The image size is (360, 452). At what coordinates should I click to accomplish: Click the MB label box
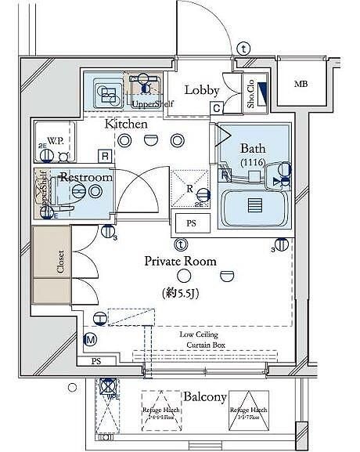[x=301, y=85]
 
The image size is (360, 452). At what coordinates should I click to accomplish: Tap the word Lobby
[x=200, y=90]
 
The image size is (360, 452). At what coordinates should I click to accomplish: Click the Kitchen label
[x=127, y=124]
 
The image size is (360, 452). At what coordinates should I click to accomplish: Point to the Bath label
[x=253, y=148]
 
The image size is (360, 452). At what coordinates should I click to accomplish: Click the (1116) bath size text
[x=253, y=162]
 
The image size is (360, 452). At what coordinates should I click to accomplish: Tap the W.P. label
[x=55, y=141]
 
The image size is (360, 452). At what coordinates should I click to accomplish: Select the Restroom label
[x=86, y=178]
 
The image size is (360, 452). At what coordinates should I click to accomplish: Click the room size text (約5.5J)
[x=184, y=293]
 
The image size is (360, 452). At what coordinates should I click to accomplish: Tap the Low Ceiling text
[x=199, y=334]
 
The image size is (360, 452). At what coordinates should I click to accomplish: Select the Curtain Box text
[x=199, y=345]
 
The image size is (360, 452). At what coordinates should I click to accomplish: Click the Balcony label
[x=205, y=396]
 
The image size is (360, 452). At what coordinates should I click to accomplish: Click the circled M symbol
[x=90, y=339]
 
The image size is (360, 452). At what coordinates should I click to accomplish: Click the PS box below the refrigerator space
[x=191, y=222]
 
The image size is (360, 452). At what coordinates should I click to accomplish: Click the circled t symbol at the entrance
[x=244, y=49]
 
